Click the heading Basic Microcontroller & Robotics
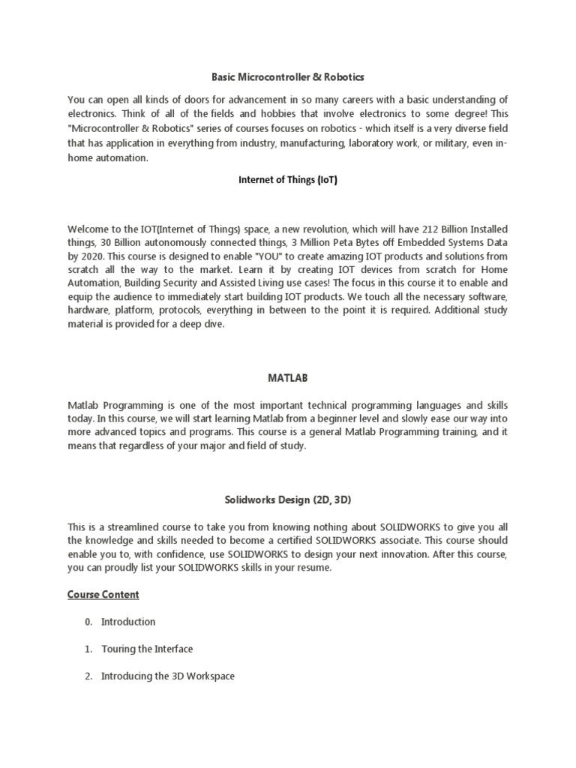pos(288,77)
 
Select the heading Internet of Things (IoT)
pos(288,180)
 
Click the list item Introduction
pos(128,622)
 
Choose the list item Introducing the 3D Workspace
pos(168,676)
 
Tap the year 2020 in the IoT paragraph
pos(94,255)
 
